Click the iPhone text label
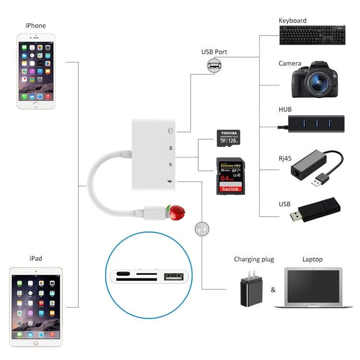(x=36, y=25)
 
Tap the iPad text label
(x=36, y=258)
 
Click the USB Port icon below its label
(x=214, y=65)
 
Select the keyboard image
(x=312, y=35)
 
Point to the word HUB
(x=285, y=109)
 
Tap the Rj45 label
(x=286, y=157)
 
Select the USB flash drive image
(x=317, y=212)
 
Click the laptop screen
(x=312, y=285)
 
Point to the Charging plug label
(x=254, y=259)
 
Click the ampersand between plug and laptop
(x=273, y=290)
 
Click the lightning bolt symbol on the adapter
(x=170, y=181)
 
